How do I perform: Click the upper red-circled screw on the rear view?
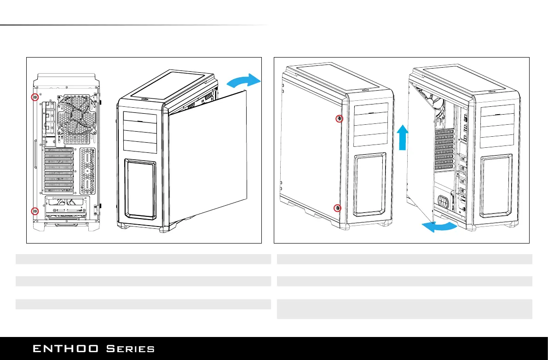[x=35, y=97]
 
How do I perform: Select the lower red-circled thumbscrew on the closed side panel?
[x=338, y=208]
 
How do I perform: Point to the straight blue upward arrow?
[x=402, y=137]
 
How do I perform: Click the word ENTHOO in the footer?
[x=65, y=348]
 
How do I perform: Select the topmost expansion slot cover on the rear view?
[x=58, y=151]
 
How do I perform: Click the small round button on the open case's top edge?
[x=488, y=90]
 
